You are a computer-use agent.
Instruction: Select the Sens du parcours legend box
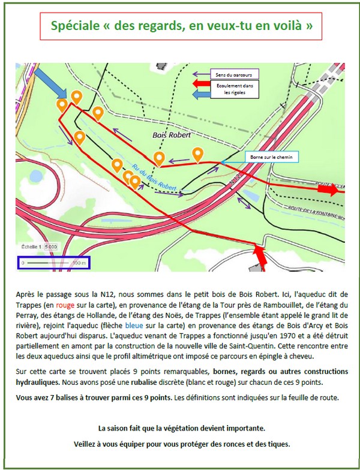tap(233, 74)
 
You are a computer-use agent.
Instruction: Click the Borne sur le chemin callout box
tap(271, 156)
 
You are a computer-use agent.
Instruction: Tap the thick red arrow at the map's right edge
tap(329, 189)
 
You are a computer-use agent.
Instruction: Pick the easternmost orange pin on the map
tap(197, 154)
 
